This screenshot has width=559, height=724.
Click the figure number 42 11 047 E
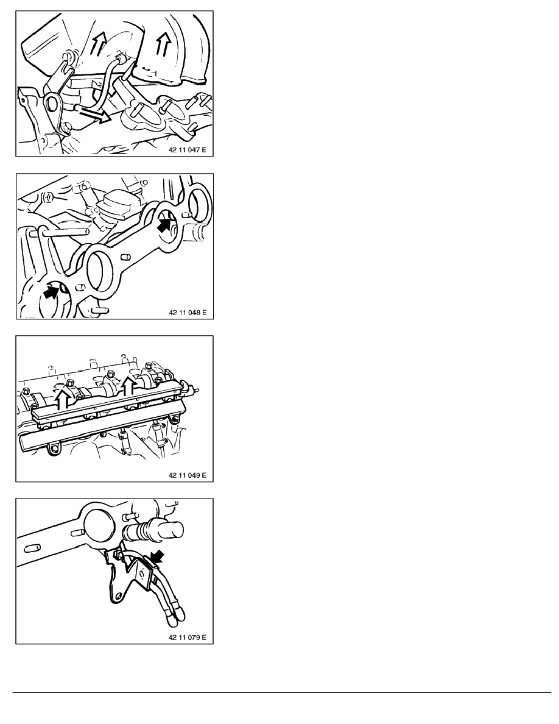click(x=188, y=150)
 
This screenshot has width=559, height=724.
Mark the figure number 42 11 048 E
click(x=188, y=313)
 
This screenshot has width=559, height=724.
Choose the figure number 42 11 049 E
click(x=188, y=475)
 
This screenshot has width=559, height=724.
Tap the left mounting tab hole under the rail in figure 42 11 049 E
click(x=54, y=449)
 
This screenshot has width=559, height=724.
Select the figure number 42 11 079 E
click(x=188, y=637)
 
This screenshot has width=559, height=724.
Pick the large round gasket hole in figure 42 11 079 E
click(x=96, y=521)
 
